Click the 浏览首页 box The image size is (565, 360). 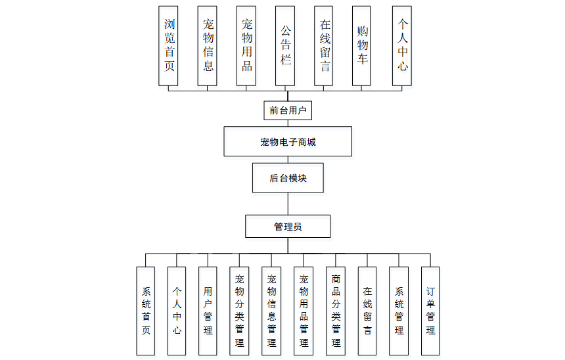(168, 45)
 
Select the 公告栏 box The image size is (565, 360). (285, 45)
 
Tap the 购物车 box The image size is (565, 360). (362, 45)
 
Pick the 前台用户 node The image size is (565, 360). (288, 110)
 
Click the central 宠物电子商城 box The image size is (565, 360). (288, 141)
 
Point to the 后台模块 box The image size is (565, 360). (288, 178)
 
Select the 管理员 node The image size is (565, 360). (288, 227)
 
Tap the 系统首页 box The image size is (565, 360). (145, 311)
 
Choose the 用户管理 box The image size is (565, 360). (208, 311)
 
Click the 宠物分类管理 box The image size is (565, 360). (239, 311)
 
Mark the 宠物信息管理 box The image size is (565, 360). (271, 311)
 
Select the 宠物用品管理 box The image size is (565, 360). (304, 311)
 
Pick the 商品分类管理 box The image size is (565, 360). (336, 311)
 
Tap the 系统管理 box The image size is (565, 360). (399, 311)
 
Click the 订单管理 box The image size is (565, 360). (430, 311)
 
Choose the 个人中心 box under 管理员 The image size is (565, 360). (177, 311)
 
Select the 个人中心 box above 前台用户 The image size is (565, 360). (402, 45)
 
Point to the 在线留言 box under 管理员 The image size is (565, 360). (367, 311)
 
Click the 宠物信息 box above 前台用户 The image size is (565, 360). (208, 45)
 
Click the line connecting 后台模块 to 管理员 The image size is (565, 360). (288, 204)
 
